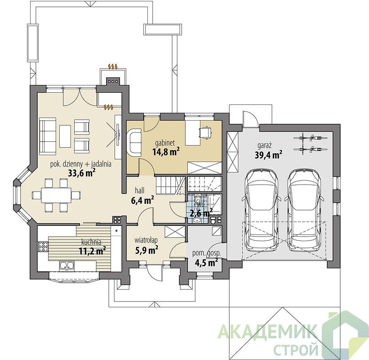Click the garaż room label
(x=265, y=146)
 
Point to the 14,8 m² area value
(x=166, y=152)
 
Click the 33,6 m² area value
(x=81, y=173)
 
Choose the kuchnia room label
(x=91, y=242)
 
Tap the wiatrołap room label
(x=146, y=240)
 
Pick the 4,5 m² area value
(x=206, y=262)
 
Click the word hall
(x=140, y=190)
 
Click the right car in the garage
(x=304, y=210)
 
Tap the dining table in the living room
(x=56, y=195)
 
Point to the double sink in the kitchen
(x=67, y=266)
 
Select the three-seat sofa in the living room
(x=48, y=136)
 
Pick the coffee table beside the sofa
(x=65, y=136)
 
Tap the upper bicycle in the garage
(x=311, y=137)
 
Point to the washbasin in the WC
(x=196, y=220)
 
